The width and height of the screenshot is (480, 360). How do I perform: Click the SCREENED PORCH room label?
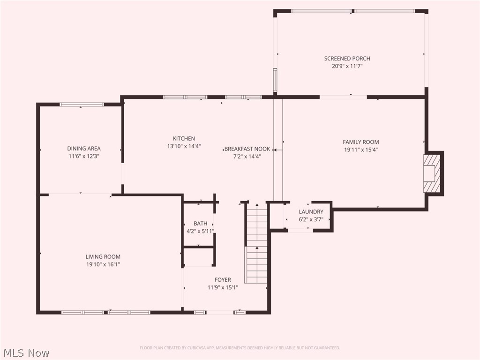[x=347, y=59]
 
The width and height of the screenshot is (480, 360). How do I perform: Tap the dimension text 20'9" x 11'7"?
[x=347, y=67]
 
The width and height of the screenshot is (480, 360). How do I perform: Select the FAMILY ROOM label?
[x=360, y=142]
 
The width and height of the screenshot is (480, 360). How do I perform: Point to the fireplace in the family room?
[x=432, y=173]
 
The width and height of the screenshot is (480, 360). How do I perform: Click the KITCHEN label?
[x=184, y=138]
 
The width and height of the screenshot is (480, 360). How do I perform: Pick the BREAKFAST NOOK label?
[x=247, y=149]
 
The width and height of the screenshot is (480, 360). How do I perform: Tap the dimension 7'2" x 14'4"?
[x=247, y=157]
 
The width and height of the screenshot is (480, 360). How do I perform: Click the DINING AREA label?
[x=83, y=149]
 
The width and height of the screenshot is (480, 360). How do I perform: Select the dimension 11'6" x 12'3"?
[x=83, y=157]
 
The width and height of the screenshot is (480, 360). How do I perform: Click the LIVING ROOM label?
[x=103, y=256]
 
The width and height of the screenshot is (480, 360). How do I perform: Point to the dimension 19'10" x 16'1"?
[x=103, y=264]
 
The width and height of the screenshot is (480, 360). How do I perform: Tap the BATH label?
[x=200, y=224]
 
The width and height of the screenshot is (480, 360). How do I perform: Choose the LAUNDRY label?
[x=311, y=212]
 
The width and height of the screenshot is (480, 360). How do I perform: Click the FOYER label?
[x=223, y=280]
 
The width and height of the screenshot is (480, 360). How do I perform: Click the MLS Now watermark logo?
[x=26, y=352]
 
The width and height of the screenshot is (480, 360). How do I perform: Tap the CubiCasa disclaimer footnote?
[x=240, y=348]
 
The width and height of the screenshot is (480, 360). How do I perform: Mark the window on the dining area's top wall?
[x=82, y=105]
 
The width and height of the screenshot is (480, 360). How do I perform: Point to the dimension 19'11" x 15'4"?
[x=360, y=150]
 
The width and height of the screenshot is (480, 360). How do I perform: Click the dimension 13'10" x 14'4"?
[x=184, y=146]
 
